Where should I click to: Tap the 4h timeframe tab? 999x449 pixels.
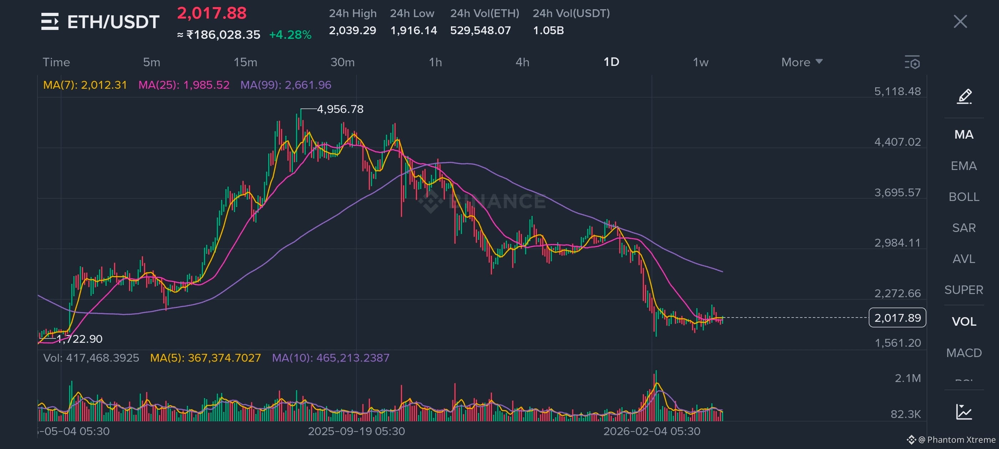click(x=522, y=62)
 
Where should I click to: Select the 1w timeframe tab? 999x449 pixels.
click(x=700, y=62)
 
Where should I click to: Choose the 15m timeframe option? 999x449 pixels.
click(x=245, y=62)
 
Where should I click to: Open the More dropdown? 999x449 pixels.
click(x=802, y=62)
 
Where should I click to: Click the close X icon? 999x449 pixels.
click(x=960, y=21)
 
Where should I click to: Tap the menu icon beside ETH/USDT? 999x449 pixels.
click(x=50, y=21)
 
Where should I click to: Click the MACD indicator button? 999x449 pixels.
click(x=964, y=352)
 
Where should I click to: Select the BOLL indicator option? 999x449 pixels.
click(x=964, y=197)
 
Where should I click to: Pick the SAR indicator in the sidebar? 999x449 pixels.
click(x=964, y=228)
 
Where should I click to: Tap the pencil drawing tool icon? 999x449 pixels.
click(x=964, y=97)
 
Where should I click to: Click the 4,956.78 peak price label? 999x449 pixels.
click(x=340, y=109)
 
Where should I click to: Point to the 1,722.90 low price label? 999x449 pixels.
click(x=79, y=339)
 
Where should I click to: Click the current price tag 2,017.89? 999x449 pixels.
click(x=897, y=318)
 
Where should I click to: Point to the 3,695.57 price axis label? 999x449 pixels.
click(x=897, y=192)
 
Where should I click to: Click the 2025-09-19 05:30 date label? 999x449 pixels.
click(x=356, y=431)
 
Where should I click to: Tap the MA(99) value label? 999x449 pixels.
click(x=286, y=85)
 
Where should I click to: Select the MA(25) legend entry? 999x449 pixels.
click(x=184, y=85)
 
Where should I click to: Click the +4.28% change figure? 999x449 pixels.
click(x=290, y=35)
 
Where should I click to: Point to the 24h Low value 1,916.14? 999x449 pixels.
click(x=414, y=30)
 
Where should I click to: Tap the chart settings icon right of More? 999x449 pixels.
click(x=912, y=62)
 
